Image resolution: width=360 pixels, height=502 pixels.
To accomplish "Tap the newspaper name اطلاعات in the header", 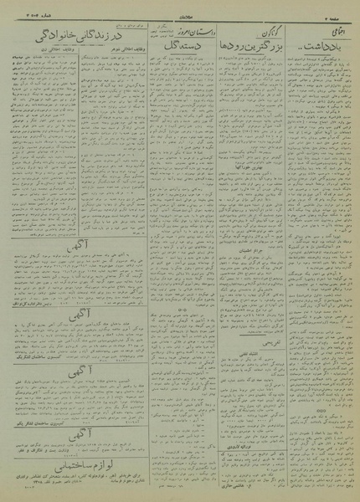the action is pyautogui.click(x=182, y=8).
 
